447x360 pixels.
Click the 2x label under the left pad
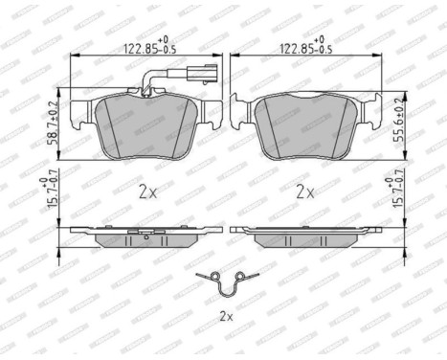[x=148, y=191]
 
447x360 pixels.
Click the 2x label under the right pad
[x=305, y=191]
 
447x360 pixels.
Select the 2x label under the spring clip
[x=226, y=313]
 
